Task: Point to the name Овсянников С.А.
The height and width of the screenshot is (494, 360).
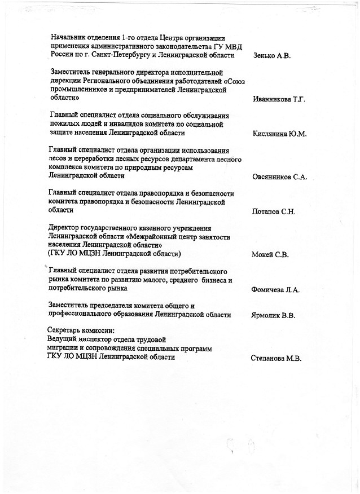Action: pos(280,177)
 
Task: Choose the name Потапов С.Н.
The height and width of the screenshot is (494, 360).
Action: pos(274,212)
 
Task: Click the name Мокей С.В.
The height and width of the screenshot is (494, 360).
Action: pos(270,255)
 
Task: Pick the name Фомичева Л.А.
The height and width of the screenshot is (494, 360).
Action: pos(275,290)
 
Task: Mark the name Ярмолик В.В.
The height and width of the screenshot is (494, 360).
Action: pos(274,315)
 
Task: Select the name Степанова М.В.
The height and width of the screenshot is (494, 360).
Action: pos(276,358)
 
